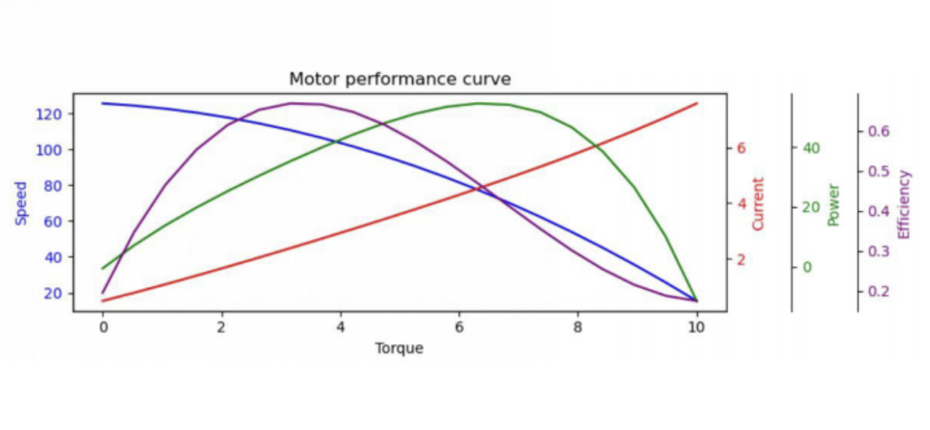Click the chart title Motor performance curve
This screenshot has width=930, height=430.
[400, 79]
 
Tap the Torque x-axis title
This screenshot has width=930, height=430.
[399, 348]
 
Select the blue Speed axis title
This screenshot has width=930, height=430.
[22, 203]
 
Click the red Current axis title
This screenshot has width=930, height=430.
[758, 204]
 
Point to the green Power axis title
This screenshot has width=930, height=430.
[833, 205]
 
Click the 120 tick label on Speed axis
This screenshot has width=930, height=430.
[47, 114]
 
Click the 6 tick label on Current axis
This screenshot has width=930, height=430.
[741, 148]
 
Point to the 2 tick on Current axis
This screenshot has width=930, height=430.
[741, 259]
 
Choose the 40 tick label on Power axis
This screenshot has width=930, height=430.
[811, 148]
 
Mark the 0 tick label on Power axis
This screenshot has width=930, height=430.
[807, 267]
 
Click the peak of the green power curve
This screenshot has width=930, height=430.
[478, 103]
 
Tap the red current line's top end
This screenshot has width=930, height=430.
[697, 103]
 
